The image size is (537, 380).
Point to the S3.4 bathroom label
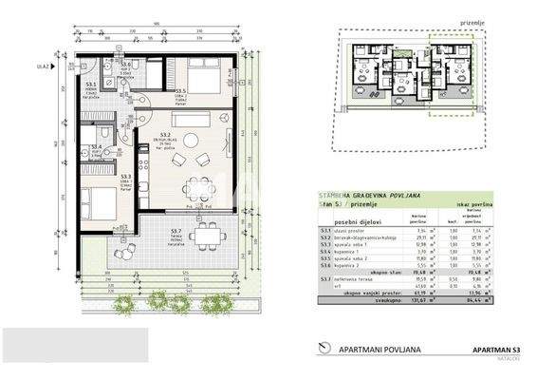tap(96, 147)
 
